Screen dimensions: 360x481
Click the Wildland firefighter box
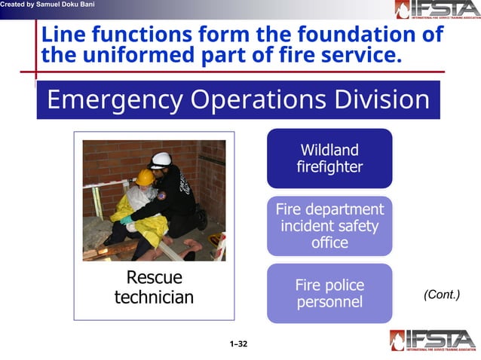[x=329, y=158]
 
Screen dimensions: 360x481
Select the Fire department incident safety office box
[x=329, y=225]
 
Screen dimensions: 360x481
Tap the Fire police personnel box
[x=329, y=294]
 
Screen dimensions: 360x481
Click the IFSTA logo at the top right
[x=437, y=10]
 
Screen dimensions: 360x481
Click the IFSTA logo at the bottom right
[x=433, y=340]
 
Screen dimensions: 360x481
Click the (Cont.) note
[x=441, y=294]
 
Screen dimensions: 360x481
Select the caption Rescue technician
[x=154, y=288]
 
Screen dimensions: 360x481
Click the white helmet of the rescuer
[x=161, y=160]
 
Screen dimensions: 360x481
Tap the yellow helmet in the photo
[x=144, y=178]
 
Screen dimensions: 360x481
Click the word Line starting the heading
[x=60, y=35]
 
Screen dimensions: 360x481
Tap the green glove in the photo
[x=127, y=221]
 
